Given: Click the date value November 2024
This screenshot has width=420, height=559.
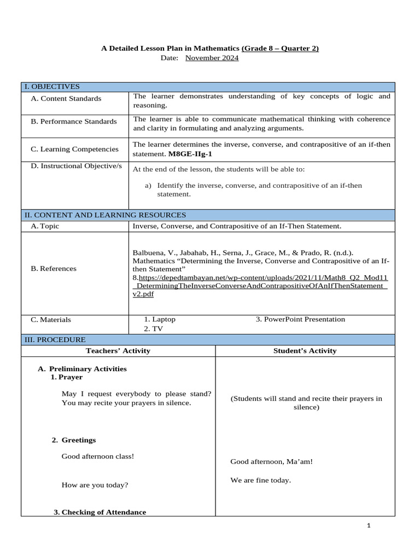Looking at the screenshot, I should [x=212, y=58].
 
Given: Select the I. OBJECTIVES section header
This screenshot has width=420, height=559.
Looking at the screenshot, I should [x=51, y=87].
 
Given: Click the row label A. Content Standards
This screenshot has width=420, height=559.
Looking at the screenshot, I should [x=66, y=99].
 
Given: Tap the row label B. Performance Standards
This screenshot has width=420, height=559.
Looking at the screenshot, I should [x=73, y=122].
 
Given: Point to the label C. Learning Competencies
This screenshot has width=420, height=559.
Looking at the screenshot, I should [x=74, y=149].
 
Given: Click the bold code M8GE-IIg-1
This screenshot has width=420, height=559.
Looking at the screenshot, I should [x=190, y=154].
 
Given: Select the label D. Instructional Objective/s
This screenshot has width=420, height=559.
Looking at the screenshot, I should [x=76, y=166].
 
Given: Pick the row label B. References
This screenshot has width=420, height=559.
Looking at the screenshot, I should [x=54, y=269].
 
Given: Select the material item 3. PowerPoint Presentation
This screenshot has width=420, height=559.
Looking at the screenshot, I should [x=300, y=319].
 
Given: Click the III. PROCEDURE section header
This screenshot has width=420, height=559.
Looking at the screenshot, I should [x=54, y=340].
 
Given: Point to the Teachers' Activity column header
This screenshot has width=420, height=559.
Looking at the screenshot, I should [x=118, y=351].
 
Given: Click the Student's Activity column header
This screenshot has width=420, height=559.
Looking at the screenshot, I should [x=305, y=351].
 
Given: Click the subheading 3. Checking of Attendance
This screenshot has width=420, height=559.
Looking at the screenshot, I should [x=100, y=512].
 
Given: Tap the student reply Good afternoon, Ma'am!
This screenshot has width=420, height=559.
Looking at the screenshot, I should [x=271, y=462].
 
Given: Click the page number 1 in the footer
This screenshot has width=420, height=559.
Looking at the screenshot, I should [x=369, y=526].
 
